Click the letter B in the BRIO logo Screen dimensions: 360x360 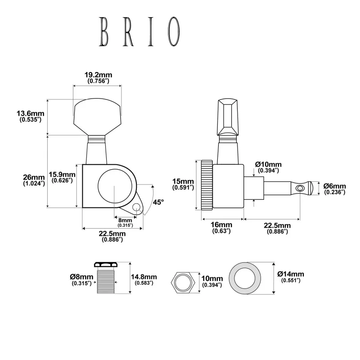point(104,31)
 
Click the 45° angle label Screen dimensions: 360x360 point(158,202)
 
